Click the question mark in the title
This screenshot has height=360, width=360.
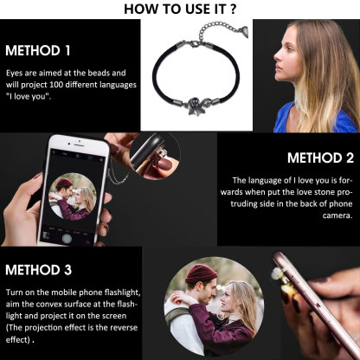(x=235, y=9)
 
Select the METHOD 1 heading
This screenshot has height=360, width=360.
(x=37, y=49)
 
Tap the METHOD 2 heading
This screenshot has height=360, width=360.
(x=320, y=157)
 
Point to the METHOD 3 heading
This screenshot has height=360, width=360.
(x=39, y=271)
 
